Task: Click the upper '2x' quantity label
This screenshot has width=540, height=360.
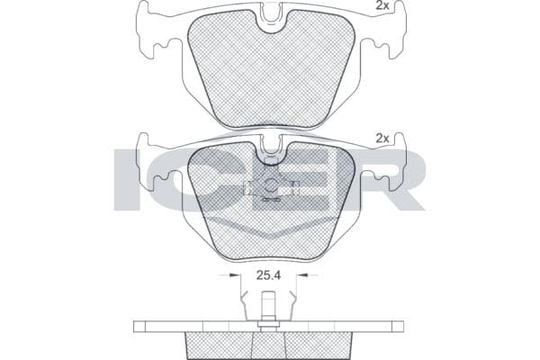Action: pos(382,5)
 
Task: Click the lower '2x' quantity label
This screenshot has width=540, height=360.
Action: pos(382,139)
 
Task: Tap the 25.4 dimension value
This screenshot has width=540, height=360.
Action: pos(268,275)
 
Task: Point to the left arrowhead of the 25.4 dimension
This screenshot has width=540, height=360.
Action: pos(235,274)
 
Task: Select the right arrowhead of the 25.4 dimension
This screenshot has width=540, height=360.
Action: pos(301,274)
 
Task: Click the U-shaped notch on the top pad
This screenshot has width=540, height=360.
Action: pos(271,19)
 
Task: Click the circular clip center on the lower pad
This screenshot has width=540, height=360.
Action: pos(272,185)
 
